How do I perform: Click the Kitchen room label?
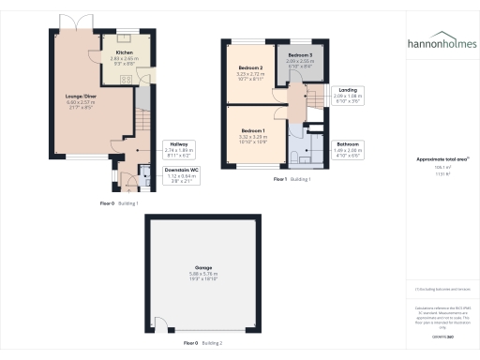pyautogui.click(x=124, y=52)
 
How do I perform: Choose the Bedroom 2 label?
pyautogui.click(x=249, y=67)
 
